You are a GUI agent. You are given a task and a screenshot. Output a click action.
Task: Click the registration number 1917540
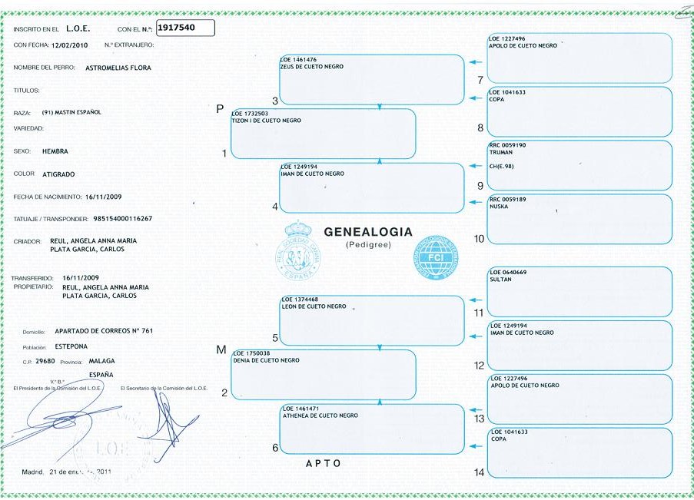(176, 28)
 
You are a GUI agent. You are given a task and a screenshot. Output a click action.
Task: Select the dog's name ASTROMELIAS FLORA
(119, 68)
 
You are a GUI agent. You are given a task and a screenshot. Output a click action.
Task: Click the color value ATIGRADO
(58, 174)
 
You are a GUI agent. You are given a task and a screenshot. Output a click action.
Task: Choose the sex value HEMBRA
(56, 151)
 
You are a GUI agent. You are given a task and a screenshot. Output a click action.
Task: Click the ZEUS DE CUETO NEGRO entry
(311, 67)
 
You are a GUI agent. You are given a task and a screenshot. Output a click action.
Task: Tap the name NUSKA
(499, 207)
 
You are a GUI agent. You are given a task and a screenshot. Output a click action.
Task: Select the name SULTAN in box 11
(500, 280)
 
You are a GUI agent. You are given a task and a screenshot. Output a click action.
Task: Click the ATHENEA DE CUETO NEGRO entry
(320, 416)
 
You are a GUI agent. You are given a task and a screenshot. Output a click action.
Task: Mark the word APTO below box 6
(323, 464)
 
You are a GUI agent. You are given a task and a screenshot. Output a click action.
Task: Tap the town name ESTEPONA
(71, 346)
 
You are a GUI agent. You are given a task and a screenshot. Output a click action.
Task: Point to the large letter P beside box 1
(221, 109)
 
